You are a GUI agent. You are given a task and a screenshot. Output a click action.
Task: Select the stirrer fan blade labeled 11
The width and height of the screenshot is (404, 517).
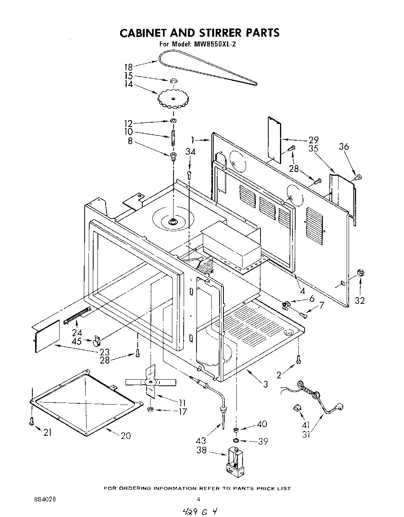(x=151, y=382)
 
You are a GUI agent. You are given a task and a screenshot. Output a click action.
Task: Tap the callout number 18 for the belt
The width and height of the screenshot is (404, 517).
(x=129, y=67)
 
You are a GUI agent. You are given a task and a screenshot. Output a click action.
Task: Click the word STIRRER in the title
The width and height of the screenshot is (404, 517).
(x=221, y=32)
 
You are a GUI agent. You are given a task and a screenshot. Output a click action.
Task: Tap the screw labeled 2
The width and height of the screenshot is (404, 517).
(x=298, y=358)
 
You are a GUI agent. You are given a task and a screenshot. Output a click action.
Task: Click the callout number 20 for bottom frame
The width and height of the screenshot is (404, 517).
(x=126, y=435)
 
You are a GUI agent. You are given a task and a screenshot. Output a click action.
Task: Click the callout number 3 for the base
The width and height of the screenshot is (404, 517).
(x=265, y=384)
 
